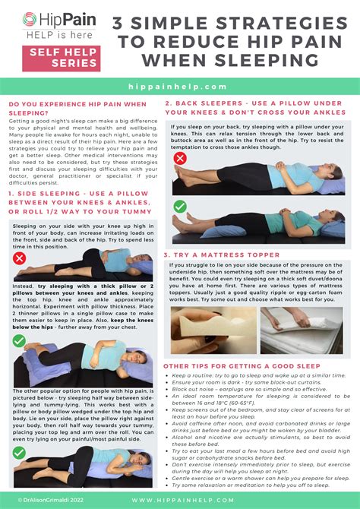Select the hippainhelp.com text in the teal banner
[179, 87]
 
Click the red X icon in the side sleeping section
[19, 258]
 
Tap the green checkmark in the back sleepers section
[180, 206]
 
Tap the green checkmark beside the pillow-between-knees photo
[19, 341]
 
